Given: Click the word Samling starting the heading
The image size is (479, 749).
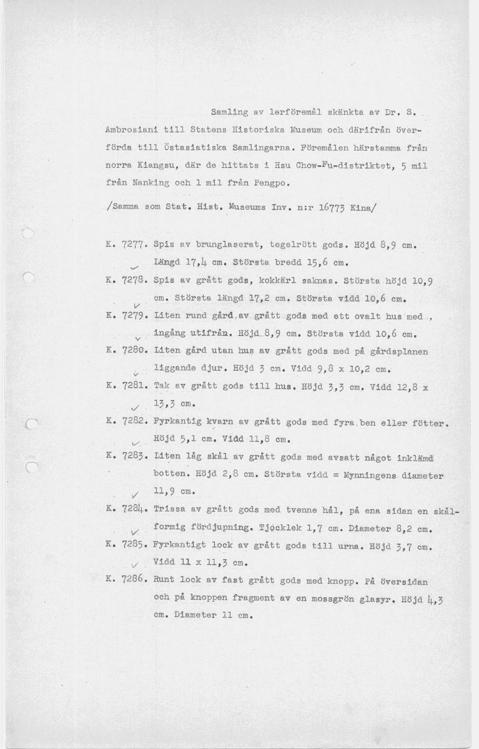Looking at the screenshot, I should [228, 112].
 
